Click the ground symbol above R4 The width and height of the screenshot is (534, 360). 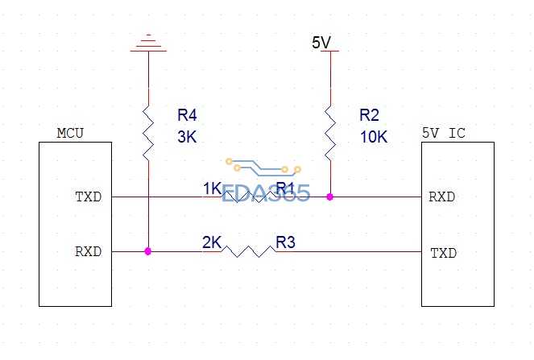tap(148, 43)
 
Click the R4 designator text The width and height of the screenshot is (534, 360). tap(187, 114)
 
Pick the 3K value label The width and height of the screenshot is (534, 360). tap(187, 137)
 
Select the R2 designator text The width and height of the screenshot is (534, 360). tap(369, 114)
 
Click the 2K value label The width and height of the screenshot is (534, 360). tap(212, 242)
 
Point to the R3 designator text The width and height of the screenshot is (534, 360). tap(286, 242)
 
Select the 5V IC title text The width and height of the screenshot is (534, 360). tap(443, 133)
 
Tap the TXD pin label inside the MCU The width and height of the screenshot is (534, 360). tap(89, 196)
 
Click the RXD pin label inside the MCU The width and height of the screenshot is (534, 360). tap(89, 251)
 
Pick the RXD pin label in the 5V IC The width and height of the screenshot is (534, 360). tap(443, 196)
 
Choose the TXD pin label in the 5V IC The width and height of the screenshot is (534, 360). tap(443, 253)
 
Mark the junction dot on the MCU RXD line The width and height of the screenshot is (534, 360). tap(148, 251)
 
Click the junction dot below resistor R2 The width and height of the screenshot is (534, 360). tap(329, 196)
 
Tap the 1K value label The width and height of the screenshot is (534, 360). tap(212, 188)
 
